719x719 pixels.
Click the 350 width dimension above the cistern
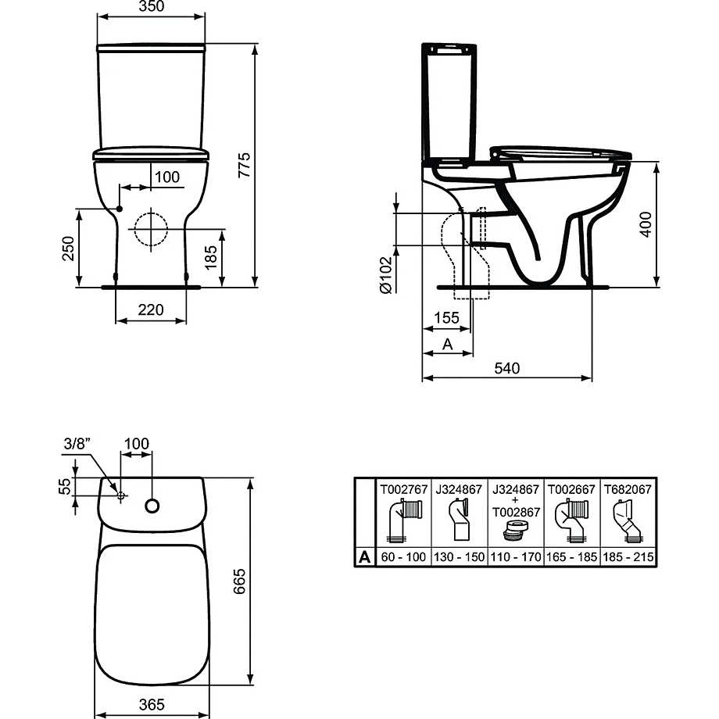pyautogui.click(x=151, y=6)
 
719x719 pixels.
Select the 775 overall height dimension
pyautogui.click(x=245, y=165)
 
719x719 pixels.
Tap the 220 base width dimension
pyautogui.click(x=151, y=310)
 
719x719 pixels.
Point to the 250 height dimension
pyautogui.click(x=68, y=248)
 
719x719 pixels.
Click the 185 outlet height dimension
pyautogui.click(x=210, y=257)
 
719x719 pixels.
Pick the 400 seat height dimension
pyautogui.click(x=646, y=224)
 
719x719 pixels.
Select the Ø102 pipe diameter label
pyautogui.click(x=386, y=274)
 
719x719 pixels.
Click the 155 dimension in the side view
pyautogui.click(x=446, y=318)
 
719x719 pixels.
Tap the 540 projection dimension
pyautogui.click(x=507, y=368)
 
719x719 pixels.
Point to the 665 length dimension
pyautogui.click(x=239, y=581)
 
